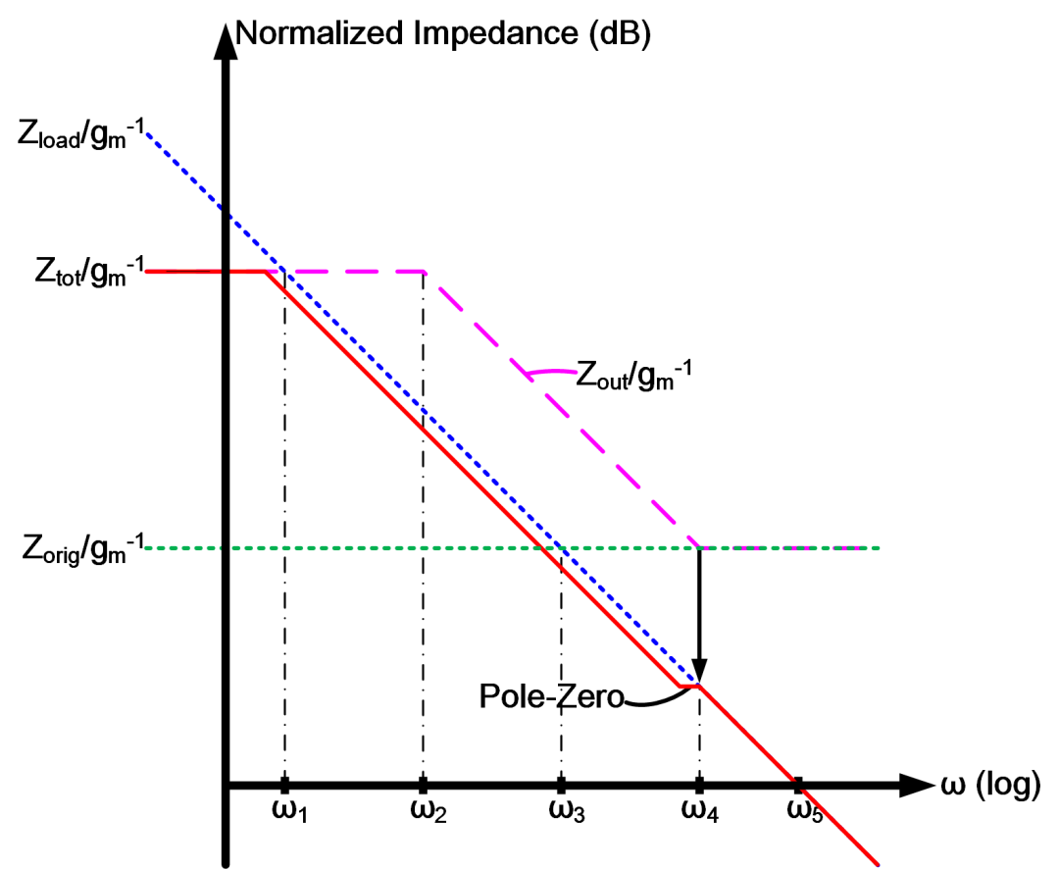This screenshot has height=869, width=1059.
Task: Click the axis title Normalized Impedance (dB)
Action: click(444, 33)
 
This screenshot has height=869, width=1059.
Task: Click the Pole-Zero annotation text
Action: click(552, 696)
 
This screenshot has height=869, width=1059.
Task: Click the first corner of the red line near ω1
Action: click(266, 271)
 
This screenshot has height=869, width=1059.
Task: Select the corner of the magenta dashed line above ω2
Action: click(423, 271)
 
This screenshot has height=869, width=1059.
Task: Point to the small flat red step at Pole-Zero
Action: click(688, 686)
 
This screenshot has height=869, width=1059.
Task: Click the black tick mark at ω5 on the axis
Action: click(799, 784)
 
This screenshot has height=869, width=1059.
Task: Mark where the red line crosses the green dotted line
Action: click(541, 547)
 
